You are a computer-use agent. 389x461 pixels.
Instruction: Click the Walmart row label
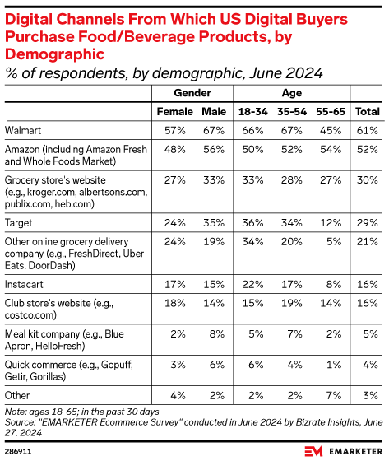coord(25,129)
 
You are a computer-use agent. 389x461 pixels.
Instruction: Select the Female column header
coord(174,111)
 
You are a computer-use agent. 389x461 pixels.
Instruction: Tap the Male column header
coord(214,111)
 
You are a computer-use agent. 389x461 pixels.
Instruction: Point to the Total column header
coord(366,111)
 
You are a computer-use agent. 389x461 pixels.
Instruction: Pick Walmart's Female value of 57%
coord(174,129)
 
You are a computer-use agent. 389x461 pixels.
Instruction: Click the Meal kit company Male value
coord(215,333)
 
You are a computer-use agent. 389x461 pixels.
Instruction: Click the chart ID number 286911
coord(18,451)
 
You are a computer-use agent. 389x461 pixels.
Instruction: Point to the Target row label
coord(21,221)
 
